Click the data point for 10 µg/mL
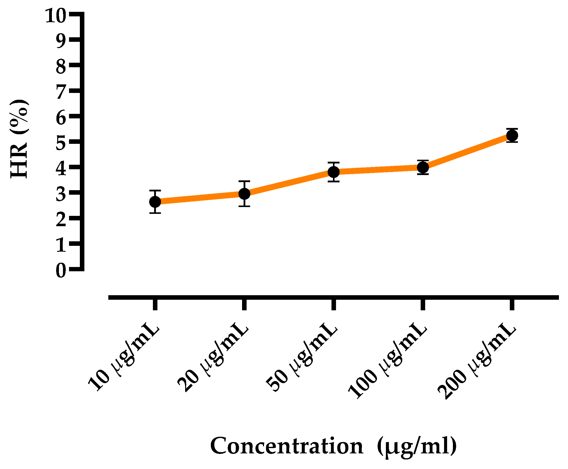click(x=155, y=202)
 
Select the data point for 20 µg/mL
click(x=244, y=194)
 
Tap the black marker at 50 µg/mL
click(x=333, y=172)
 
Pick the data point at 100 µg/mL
click(x=423, y=167)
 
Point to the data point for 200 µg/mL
click(x=512, y=135)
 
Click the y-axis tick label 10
click(x=55, y=15)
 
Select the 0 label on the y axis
click(x=61, y=271)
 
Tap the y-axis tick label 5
click(x=61, y=143)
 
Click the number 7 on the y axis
click(x=61, y=92)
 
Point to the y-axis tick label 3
click(x=61, y=194)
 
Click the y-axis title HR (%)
click(x=19, y=139)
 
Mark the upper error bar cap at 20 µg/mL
click(x=244, y=181)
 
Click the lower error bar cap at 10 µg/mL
click(x=155, y=213)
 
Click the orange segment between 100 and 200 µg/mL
click(x=467, y=152)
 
